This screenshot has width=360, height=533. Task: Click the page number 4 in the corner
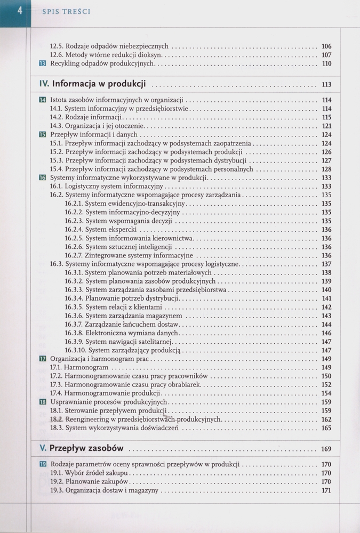pyautogui.click(x=20, y=11)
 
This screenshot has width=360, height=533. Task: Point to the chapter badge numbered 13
pyautogui.click(x=43, y=64)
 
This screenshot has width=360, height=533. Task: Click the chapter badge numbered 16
pyautogui.click(x=43, y=178)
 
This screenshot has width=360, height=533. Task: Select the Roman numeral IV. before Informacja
pyautogui.click(x=44, y=84)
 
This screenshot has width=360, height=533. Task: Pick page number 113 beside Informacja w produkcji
pyautogui.click(x=326, y=85)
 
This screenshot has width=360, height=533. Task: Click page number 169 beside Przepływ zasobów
pyautogui.click(x=326, y=449)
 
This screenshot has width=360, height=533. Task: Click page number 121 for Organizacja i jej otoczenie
pyautogui.click(x=326, y=126)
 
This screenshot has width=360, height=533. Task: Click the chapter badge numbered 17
pyautogui.click(x=43, y=359)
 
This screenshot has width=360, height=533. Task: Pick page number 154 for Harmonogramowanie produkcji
pyautogui.click(x=326, y=393)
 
